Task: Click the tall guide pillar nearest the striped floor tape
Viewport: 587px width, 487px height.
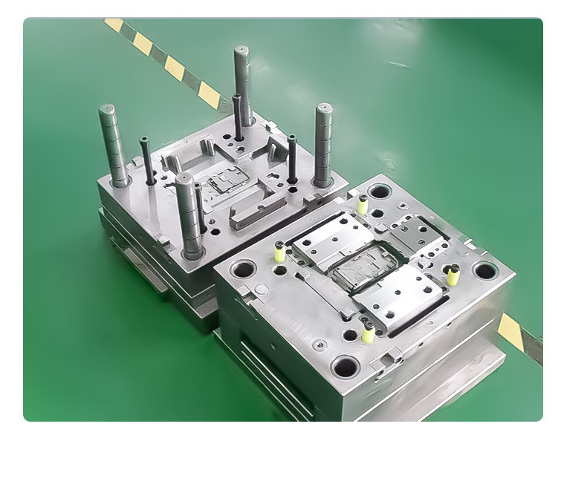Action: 242,82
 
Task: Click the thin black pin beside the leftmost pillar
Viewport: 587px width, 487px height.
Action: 147,160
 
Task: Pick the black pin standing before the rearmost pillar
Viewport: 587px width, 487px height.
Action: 237,117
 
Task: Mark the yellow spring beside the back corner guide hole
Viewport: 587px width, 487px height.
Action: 363,205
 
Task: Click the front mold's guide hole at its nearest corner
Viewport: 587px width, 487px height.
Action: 346,365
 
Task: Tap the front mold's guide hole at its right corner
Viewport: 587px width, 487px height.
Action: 484,271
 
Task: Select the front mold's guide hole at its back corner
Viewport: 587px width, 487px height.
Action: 380,192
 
